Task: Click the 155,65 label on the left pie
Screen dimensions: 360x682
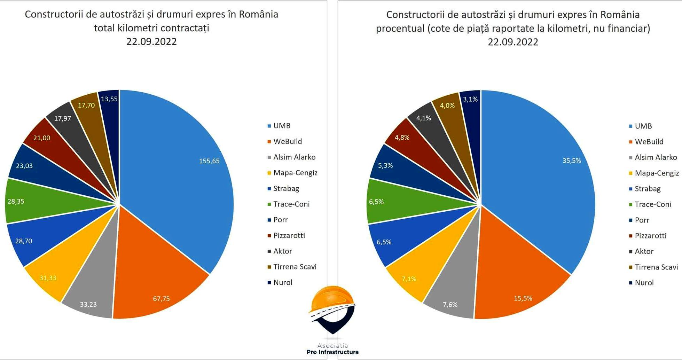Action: click(x=209, y=161)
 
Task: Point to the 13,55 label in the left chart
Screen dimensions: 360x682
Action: click(x=109, y=99)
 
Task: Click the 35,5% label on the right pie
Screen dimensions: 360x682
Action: click(x=572, y=161)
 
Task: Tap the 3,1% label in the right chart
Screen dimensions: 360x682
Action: click(x=470, y=99)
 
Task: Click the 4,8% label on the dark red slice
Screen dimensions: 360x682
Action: click(x=402, y=138)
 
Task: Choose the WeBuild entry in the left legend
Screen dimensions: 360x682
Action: click(x=288, y=142)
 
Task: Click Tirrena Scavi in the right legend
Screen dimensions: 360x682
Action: click(x=656, y=267)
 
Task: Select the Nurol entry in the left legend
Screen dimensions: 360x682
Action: click(x=283, y=282)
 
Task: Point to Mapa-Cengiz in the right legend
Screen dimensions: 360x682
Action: click(x=657, y=173)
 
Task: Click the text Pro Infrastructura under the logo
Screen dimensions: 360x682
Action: click(x=332, y=352)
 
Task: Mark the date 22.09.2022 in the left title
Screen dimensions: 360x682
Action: click(x=151, y=42)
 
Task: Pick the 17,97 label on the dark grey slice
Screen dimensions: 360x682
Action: click(x=63, y=119)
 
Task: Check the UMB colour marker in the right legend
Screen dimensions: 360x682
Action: click(x=630, y=126)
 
